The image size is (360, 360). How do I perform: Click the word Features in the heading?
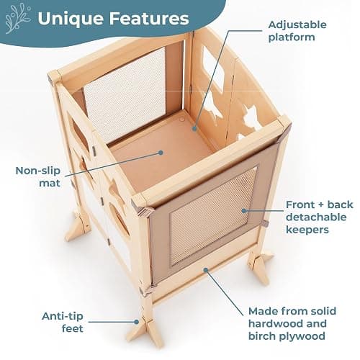pos(149,18)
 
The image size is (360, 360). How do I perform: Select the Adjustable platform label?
pos(297,31)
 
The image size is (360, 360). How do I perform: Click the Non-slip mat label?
pos(38,177)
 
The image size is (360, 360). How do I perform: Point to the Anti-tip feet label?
pos(63,322)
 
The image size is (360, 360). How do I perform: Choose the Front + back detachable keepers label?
pos(319,217)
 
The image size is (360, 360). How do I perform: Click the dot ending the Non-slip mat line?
pos(161,153)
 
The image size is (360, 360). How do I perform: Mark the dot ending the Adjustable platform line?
pos(194,129)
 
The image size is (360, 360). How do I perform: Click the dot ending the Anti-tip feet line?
pos(137,322)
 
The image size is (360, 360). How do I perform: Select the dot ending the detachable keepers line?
pos(244,211)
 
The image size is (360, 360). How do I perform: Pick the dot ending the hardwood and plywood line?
pos(206,270)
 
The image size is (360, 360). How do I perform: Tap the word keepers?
pos(307,230)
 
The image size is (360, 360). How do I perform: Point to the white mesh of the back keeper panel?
pos(125,95)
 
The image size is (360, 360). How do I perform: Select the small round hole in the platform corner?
pos(182,119)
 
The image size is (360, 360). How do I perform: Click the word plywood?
pos(304,336)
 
